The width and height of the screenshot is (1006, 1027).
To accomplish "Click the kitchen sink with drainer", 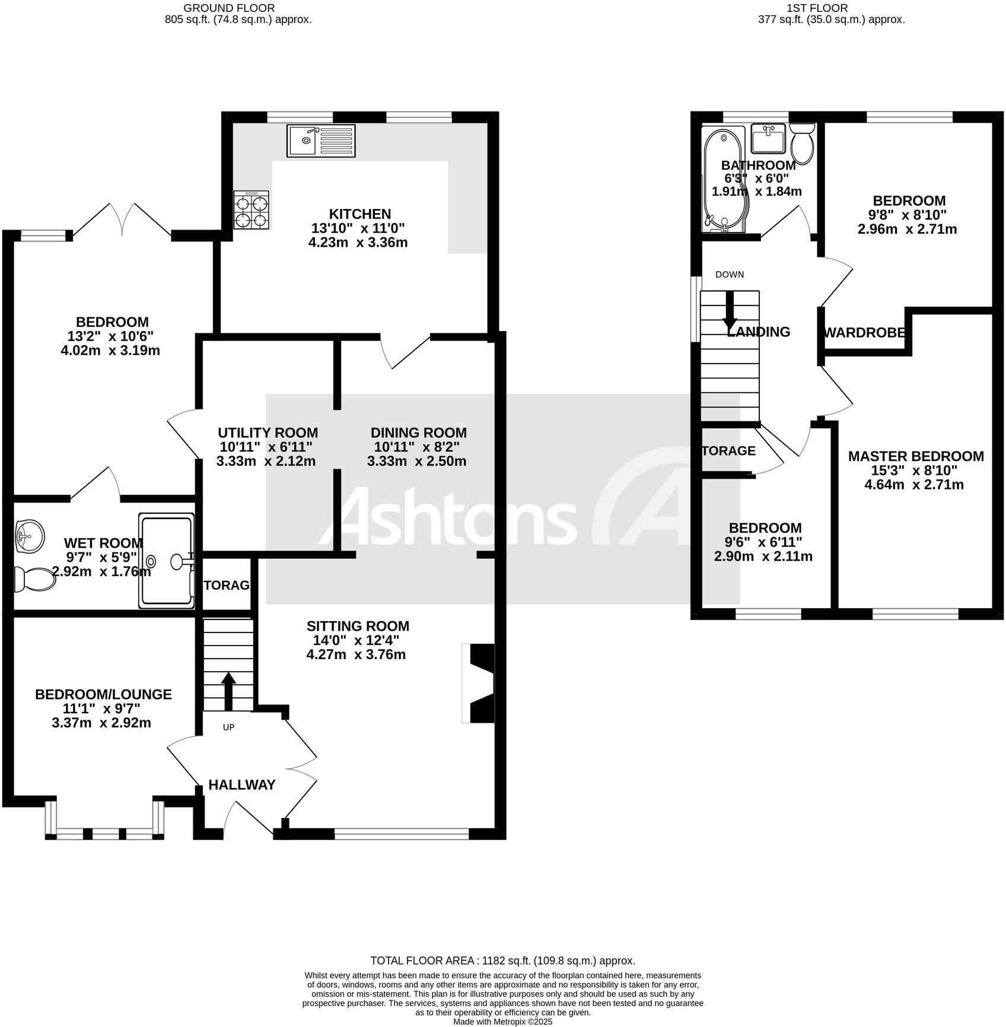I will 321,141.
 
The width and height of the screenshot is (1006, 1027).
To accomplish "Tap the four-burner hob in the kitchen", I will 251,210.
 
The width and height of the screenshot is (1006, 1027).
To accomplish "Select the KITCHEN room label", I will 360,214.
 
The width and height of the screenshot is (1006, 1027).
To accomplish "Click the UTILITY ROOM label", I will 268,433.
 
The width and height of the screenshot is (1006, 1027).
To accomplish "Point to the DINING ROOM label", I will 418,433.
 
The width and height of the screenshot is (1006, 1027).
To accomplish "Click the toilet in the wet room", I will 34,578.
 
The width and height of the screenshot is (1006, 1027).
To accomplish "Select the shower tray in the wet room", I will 167,561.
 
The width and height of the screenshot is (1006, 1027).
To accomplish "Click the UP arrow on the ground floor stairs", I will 228,691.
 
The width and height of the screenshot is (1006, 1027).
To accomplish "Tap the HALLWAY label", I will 242,785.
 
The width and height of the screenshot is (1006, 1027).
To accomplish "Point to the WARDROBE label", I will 864,333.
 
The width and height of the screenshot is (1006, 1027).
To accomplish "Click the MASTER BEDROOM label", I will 915,456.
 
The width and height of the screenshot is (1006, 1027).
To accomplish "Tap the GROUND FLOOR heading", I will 229,8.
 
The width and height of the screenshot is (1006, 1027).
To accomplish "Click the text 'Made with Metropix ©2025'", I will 502,1022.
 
